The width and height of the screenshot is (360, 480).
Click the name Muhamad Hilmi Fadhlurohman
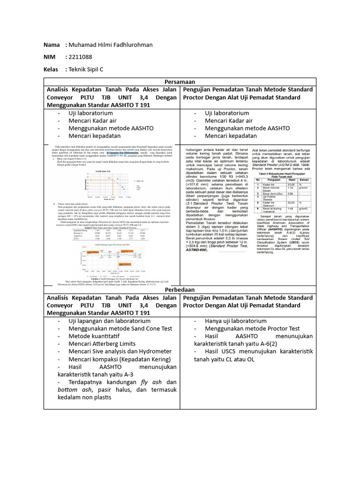pos(110,45)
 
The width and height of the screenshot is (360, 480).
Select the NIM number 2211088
pos(82,57)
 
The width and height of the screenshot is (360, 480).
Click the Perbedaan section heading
pos(180,290)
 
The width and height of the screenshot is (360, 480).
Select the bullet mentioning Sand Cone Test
pos(114,329)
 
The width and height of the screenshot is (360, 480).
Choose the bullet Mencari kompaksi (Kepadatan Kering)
pos(118,359)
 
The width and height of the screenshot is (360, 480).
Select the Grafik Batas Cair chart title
pos(102,172)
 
